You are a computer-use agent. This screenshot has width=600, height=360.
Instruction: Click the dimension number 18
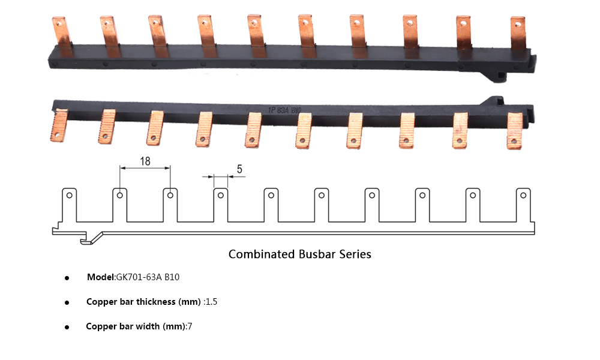(145, 161)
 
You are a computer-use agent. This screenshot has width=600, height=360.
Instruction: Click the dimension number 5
(239, 169)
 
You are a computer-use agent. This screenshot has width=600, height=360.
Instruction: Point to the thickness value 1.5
(211, 302)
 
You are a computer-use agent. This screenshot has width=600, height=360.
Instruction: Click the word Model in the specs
(100, 277)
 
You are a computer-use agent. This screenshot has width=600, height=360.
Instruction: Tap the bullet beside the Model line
(67, 278)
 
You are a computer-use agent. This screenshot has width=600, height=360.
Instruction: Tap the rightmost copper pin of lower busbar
(515, 130)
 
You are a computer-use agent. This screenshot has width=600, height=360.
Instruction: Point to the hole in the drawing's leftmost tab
(70, 195)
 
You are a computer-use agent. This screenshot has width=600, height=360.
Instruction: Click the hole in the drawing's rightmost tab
(523, 195)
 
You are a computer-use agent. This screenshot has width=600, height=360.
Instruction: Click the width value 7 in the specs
(190, 326)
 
